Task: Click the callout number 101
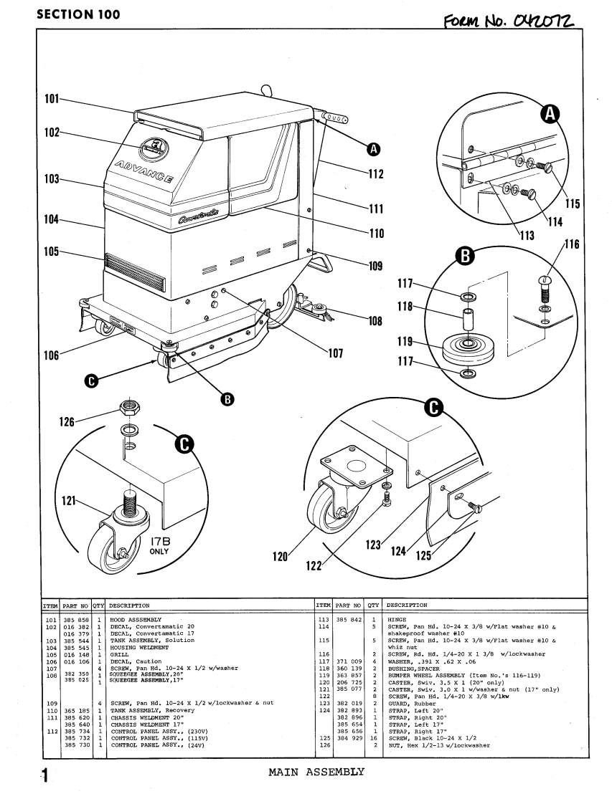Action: click(x=49, y=99)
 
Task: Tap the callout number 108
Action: click(x=375, y=322)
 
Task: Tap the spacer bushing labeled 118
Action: click(x=467, y=319)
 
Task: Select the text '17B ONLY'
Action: click(x=160, y=546)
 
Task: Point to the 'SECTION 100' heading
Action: click(x=77, y=14)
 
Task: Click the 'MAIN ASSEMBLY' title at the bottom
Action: click(x=316, y=772)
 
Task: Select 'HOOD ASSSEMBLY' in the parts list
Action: click(x=137, y=618)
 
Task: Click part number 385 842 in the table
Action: click(x=349, y=618)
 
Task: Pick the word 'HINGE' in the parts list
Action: click(x=396, y=618)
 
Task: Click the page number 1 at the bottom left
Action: click(x=44, y=775)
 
